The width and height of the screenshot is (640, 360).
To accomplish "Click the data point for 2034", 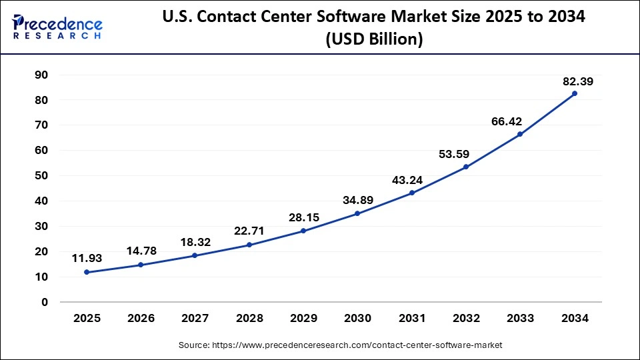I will pyautogui.click(x=574, y=93).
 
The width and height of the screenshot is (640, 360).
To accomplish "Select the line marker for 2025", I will pyautogui.click(x=87, y=272).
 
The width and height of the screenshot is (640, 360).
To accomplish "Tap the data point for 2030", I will pyautogui.click(x=357, y=213).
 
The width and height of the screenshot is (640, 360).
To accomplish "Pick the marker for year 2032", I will pyautogui.click(x=466, y=167).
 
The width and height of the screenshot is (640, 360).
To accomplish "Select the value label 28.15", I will pyautogui.click(x=303, y=217).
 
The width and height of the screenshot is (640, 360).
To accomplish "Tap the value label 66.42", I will pyautogui.click(x=507, y=121).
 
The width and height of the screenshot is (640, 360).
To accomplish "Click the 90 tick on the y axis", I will pyautogui.click(x=41, y=75).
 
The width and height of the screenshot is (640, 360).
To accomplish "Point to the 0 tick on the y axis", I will pyautogui.click(x=45, y=302).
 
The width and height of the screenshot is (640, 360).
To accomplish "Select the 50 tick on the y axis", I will pyautogui.click(x=41, y=175).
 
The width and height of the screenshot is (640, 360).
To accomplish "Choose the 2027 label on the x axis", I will pyautogui.click(x=195, y=319).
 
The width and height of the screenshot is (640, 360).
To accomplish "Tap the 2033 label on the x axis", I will pyautogui.click(x=520, y=319).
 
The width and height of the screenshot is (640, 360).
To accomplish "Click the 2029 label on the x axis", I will pyautogui.click(x=303, y=319).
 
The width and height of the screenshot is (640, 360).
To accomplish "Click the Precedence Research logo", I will pyautogui.click(x=57, y=26).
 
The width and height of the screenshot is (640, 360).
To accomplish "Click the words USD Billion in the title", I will pyautogui.click(x=373, y=39).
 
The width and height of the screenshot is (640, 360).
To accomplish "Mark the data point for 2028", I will pyautogui.click(x=249, y=245).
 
